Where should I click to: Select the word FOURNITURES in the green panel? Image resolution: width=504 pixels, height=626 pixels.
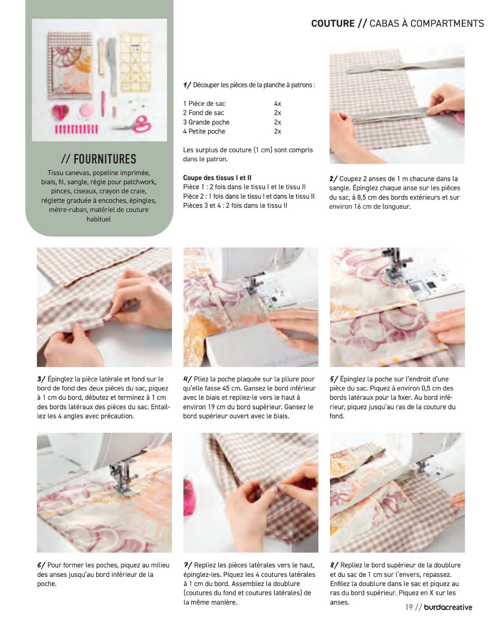tap(105, 159)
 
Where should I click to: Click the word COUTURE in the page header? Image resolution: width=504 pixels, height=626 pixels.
tap(333, 23)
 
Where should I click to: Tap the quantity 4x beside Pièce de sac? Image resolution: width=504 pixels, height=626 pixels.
tap(277, 104)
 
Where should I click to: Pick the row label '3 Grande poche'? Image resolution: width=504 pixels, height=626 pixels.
tap(206, 122)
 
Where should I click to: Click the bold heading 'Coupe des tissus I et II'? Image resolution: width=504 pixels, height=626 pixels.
tap(217, 178)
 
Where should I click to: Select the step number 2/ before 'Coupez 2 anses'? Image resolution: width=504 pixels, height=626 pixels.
tap(333, 179)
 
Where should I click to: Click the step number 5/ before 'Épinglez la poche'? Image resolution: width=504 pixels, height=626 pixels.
tap(334, 379)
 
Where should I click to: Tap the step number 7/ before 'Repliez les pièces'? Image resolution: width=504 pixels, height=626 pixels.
tap(188, 565)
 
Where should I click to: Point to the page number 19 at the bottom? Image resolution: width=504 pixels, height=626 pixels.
tap(409, 607)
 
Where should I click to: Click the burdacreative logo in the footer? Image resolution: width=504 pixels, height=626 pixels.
tap(448, 607)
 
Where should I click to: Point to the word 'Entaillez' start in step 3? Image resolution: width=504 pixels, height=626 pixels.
tap(160, 407)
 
